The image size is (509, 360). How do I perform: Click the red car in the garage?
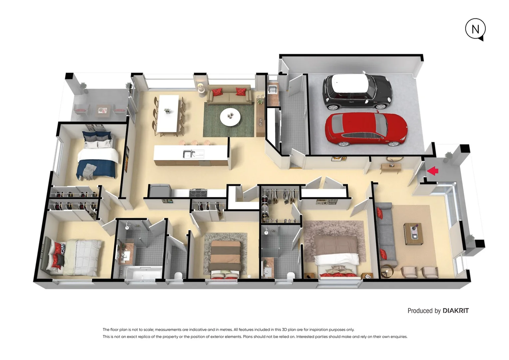[366, 129]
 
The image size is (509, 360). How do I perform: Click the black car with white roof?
[357, 91]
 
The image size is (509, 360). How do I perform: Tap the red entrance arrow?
[433, 171]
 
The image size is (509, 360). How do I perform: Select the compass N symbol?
[475, 29]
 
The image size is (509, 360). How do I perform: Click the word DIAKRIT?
[455, 311]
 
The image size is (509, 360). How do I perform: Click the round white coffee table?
[230, 117]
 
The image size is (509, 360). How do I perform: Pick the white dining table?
[168, 113]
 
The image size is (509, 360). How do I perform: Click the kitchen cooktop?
[198, 192]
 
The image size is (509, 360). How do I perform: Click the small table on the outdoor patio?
[103, 110]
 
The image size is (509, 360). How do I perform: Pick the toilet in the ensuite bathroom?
[291, 276]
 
